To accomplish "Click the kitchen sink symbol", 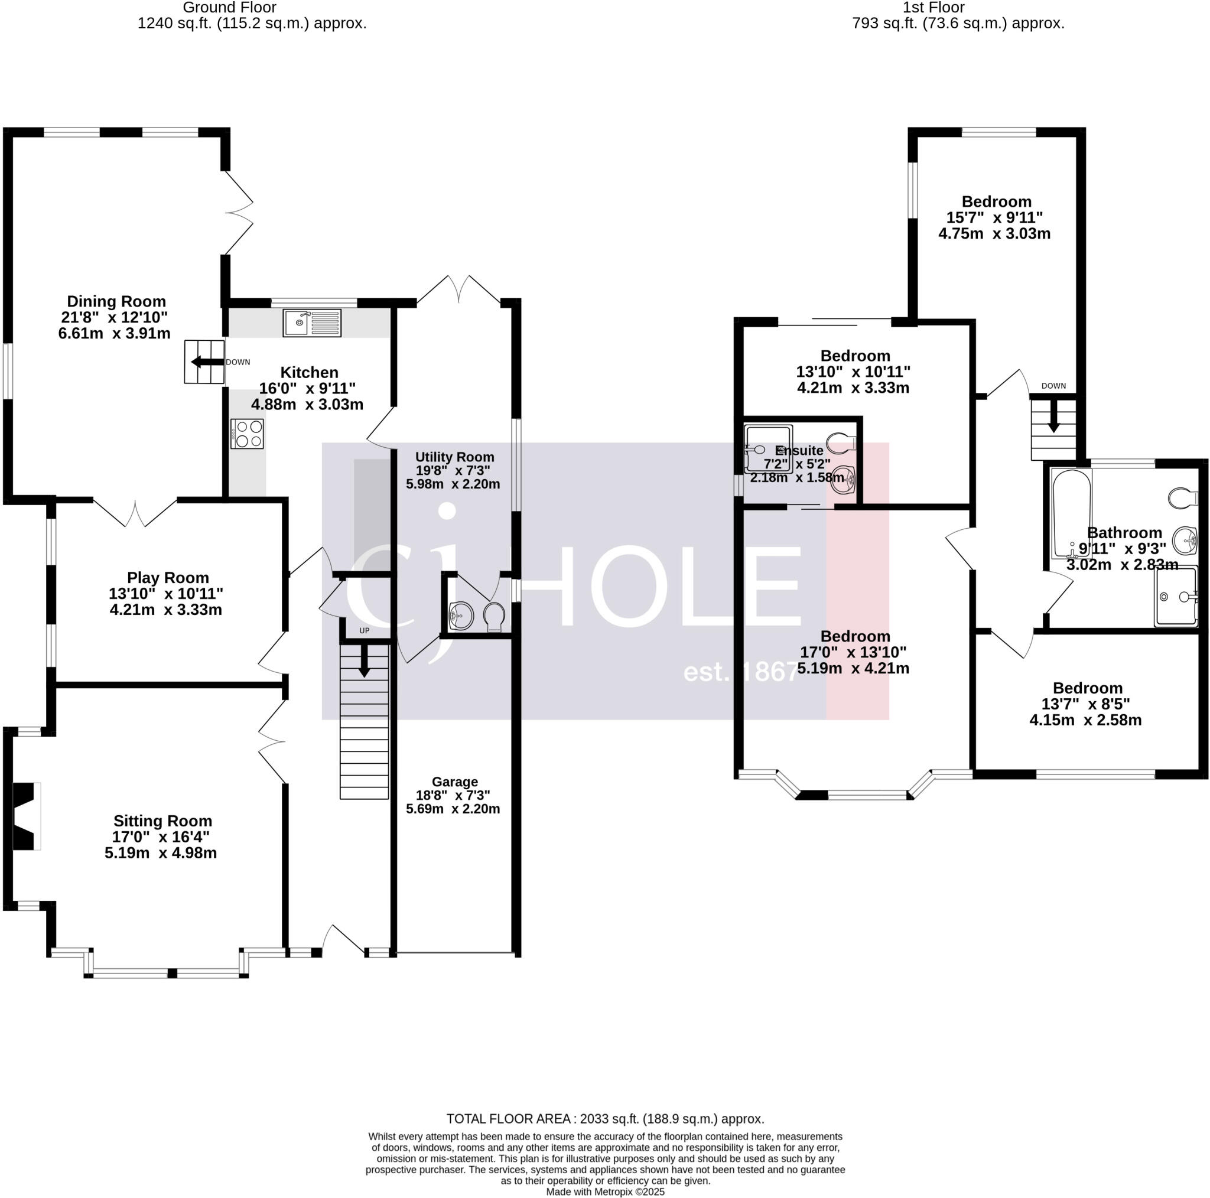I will [x=312, y=323].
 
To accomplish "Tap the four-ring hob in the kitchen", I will [x=248, y=434].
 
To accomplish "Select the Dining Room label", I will [x=116, y=301].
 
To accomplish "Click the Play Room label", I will [x=168, y=577].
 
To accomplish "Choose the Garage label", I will [x=455, y=782].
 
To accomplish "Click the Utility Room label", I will [x=455, y=457].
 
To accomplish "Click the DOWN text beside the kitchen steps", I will [x=238, y=362].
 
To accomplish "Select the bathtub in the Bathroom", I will [x=1072, y=512].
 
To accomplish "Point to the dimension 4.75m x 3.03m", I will [x=994, y=233].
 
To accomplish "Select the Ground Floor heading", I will [x=229, y=8].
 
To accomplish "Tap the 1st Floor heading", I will [x=933, y=8].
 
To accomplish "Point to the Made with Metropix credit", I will [x=605, y=1192].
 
